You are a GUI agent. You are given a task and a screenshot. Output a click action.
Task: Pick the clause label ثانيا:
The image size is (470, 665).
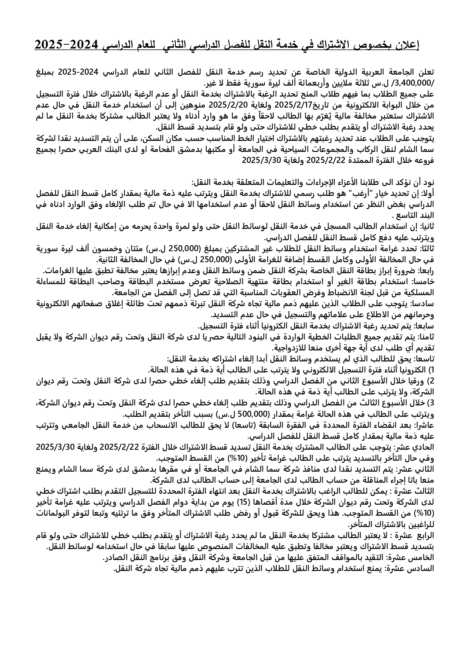point(425,227)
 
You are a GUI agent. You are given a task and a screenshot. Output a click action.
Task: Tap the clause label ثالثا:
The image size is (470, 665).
point(425,249)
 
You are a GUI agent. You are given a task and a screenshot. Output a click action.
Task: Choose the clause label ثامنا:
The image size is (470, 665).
point(425,337)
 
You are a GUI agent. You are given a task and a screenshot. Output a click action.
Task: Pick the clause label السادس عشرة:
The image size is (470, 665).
point(411,568)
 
